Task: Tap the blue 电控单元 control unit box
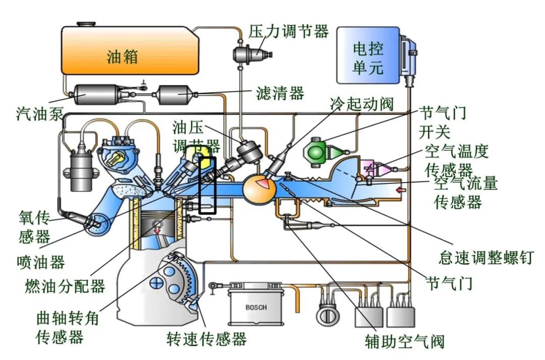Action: [x=368, y=55]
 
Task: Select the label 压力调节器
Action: [x=289, y=31]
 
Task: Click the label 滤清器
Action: [x=280, y=93]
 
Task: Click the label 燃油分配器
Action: [x=65, y=286]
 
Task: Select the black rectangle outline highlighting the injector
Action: [x=207, y=185]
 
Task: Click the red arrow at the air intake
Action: [x=401, y=190]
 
